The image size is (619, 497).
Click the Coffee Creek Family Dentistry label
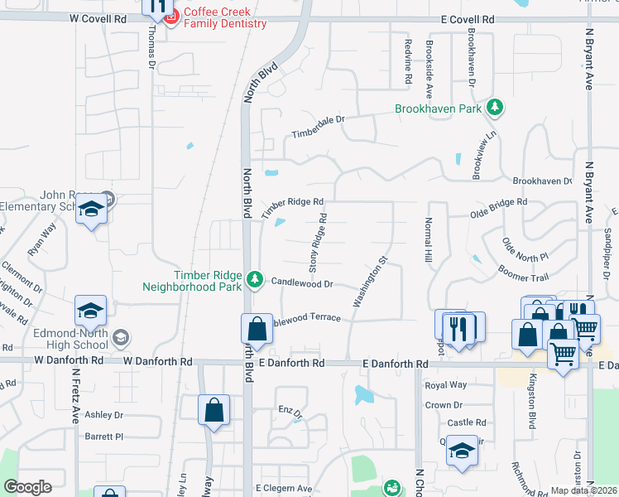(x=225, y=17)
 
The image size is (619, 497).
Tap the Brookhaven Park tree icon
(x=495, y=108)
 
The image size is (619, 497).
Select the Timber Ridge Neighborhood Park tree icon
(x=256, y=280)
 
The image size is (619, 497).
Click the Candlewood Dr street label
(x=302, y=283)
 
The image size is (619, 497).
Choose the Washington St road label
(x=371, y=282)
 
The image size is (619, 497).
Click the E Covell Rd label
(x=467, y=18)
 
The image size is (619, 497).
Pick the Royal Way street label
(x=445, y=385)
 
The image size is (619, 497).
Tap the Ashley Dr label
(x=103, y=415)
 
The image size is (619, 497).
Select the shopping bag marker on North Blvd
(x=257, y=329)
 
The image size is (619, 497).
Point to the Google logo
(x=27, y=487)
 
